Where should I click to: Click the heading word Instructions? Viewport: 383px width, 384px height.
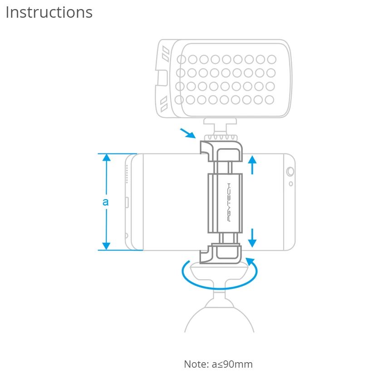(x=49, y=12)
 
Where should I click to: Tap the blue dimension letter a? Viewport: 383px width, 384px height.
(x=105, y=201)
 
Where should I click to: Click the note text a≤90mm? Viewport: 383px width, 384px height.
(x=232, y=364)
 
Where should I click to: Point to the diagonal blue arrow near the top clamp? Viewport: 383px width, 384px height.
(x=187, y=133)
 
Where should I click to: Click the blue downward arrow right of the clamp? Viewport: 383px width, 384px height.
(x=253, y=237)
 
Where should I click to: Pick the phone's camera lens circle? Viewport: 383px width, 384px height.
(x=290, y=172)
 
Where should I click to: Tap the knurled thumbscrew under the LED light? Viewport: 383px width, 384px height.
(x=219, y=137)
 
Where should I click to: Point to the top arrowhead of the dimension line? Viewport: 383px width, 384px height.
(x=106, y=158)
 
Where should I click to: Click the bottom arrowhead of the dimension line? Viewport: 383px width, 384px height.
(x=106, y=246)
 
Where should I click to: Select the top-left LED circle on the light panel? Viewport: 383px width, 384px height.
(x=182, y=59)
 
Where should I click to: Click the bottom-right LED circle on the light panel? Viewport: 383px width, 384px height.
(x=270, y=100)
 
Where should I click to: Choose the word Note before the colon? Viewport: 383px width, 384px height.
(x=194, y=364)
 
